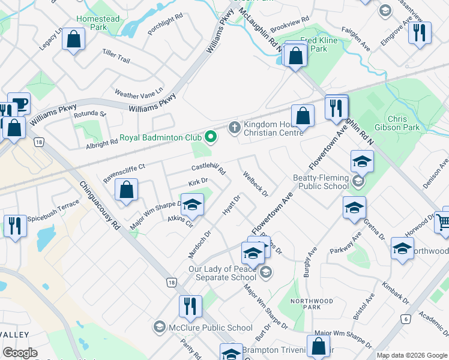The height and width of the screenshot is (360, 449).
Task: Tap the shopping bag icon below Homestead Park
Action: pos(73,40)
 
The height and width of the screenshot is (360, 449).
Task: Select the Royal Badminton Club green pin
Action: pos(210,137)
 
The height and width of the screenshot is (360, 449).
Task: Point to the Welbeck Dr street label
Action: pos(255,184)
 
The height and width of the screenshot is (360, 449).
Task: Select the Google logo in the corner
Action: pos(20,353)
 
